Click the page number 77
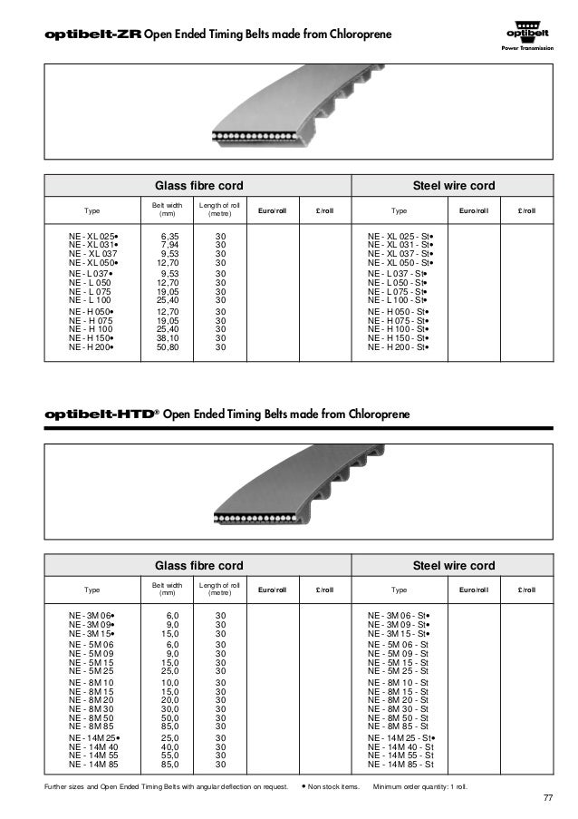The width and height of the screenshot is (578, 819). pyautogui.click(x=547, y=797)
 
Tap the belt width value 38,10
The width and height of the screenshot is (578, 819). pyautogui.click(x=168, y=337)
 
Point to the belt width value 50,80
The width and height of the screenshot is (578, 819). pyautogui.click(x=168, y=346)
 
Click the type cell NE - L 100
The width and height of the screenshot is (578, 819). pyautogui.click(x=90, y=300)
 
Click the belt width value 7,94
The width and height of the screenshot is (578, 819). pyautogui.click(x=168, y=245)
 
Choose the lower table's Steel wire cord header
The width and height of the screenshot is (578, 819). pyautogui.click(x=453, y=566)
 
